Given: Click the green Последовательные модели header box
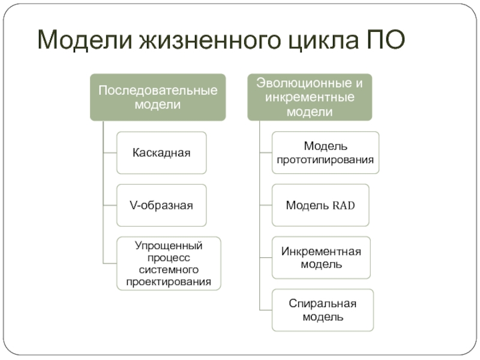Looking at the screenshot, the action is [x=158, y=97].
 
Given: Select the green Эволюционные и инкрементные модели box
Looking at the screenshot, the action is [x=310, y=97].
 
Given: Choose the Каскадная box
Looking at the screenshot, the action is [x=161, y=153].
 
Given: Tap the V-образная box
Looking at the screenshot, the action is [x=161, y=205].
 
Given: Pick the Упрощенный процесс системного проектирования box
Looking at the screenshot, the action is [x=169, y=263].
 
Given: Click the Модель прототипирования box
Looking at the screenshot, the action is [x=325, y=153].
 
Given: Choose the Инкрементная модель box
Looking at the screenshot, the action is [x=321, y=257].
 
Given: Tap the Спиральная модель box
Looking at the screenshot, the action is [x=322, y=310].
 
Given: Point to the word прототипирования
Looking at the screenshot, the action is [x=325, y=160].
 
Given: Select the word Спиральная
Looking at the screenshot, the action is [x=322, y=304].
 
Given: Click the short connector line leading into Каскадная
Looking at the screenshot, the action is [x=110, y=153].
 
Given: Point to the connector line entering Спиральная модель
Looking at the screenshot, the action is [x=266, y=310].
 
